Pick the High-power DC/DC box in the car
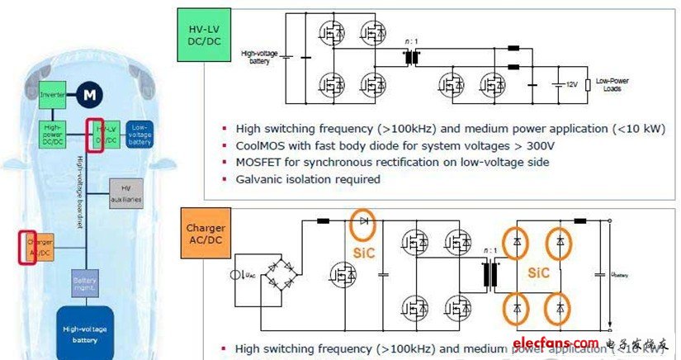[53, 132]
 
